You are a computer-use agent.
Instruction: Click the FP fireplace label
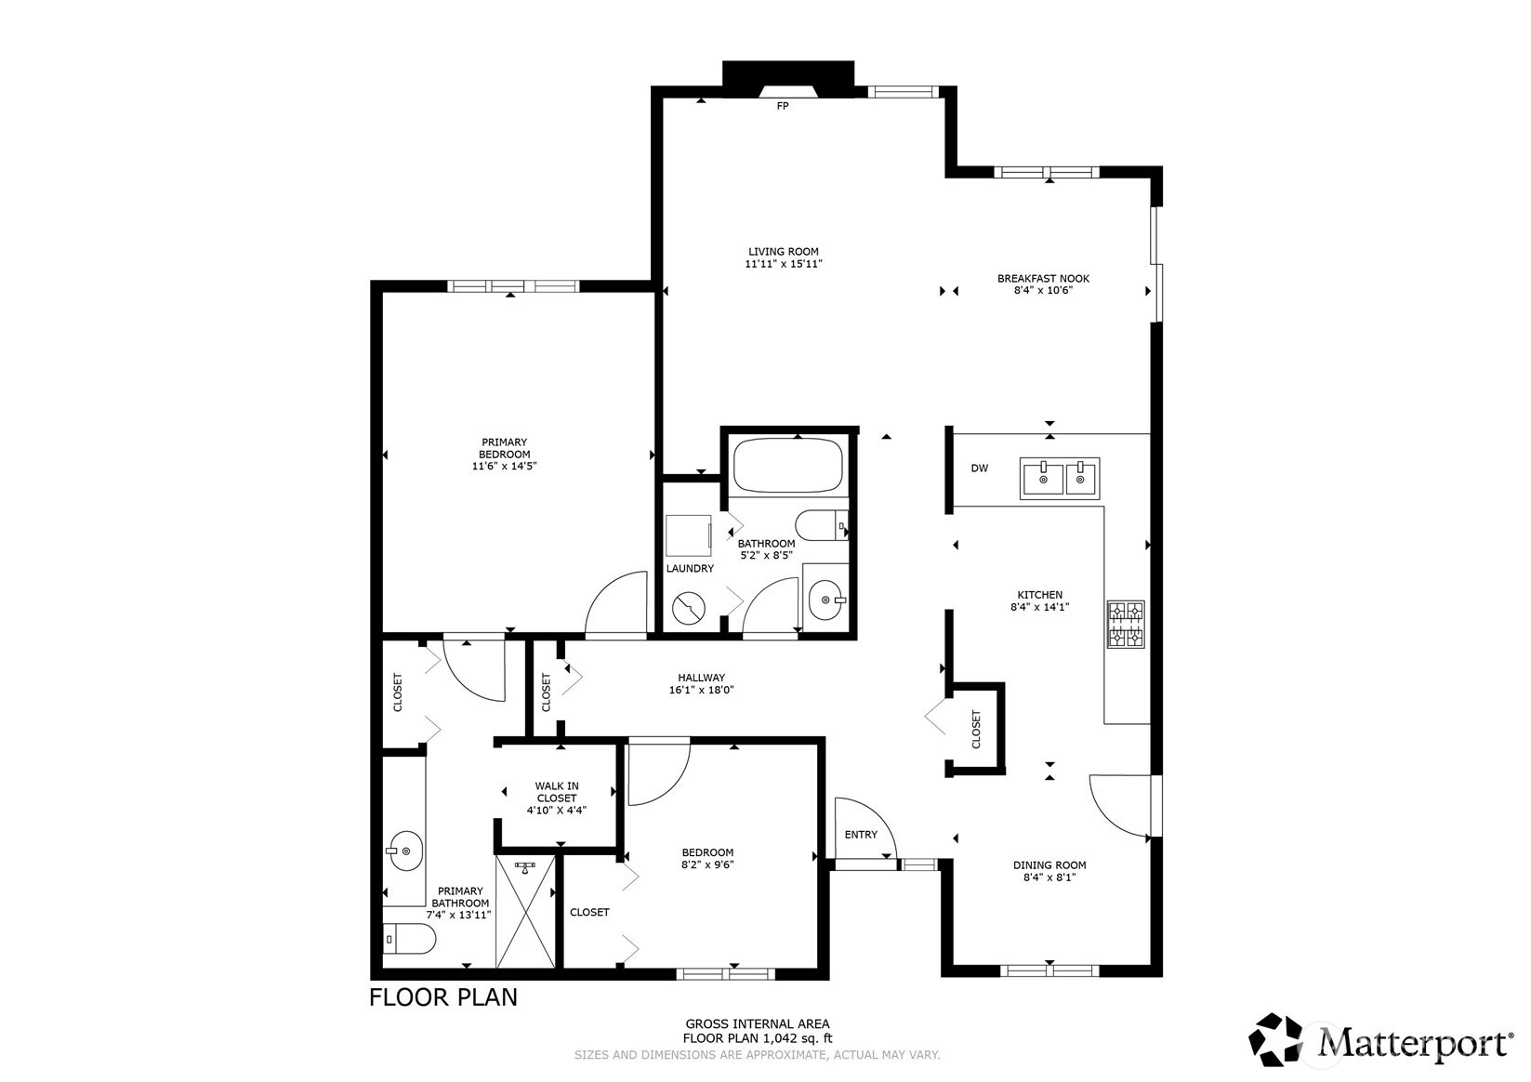click(782, 106)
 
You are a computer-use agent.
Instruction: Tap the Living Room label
click(784, 251)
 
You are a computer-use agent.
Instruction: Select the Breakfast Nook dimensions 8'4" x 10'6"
click(1043, 290)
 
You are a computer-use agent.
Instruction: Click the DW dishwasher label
click(979, 468)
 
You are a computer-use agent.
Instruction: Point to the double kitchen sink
click(1060, 478)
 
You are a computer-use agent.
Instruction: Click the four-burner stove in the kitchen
click(1126, 624)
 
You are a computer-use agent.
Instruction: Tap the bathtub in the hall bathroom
click(787, 467)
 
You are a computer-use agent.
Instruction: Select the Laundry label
click(690, 568)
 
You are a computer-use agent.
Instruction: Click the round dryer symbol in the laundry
click(689, 609)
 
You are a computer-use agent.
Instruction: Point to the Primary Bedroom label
click(504, 448)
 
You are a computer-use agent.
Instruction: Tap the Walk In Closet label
click(556, 792)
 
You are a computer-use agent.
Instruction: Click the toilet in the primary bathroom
click(408, 940)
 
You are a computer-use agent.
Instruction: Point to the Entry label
click(861, 835)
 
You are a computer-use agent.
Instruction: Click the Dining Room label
click(1049, 864)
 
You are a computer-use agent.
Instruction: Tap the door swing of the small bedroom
click(656, 772)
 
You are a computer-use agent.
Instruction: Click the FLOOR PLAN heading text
click(443, 997)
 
